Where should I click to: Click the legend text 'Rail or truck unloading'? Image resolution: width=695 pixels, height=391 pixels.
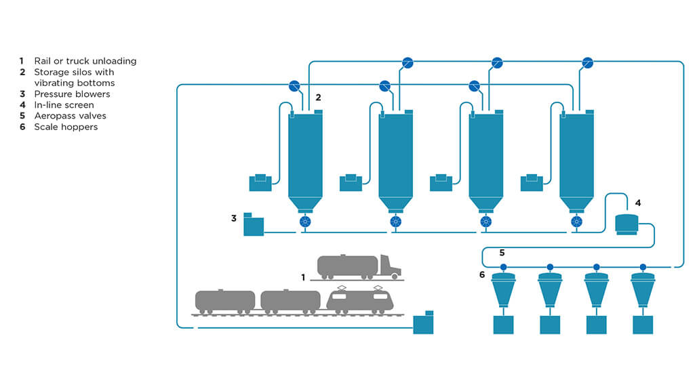(x=85, y=61)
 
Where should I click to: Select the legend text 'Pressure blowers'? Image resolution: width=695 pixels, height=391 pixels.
(x=72, y=94)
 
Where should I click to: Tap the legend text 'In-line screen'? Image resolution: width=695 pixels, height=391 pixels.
(x=64, y=105)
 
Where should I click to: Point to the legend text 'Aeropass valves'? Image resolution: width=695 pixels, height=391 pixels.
(x=70, y=116)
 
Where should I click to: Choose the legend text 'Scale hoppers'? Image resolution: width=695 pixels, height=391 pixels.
(x=66, y=127)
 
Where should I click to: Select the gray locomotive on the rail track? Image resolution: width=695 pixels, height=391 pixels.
(x=360, y=300)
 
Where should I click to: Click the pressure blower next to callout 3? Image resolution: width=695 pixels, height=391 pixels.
(x=253, y=226)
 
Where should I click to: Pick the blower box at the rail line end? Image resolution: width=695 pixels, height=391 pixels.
(x=423, y=323)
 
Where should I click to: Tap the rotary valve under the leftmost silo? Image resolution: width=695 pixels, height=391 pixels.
(x=305, y=222)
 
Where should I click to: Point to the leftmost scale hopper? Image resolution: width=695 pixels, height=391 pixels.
(x=503, y=291)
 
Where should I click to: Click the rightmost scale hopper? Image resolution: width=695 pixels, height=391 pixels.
(x=643, y=291)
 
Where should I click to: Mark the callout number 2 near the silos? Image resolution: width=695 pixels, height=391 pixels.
(x=318, y=98)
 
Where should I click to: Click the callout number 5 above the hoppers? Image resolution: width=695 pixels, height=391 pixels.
(x=502, y=253)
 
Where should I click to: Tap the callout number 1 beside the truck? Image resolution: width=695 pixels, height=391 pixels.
(x=304, y=277)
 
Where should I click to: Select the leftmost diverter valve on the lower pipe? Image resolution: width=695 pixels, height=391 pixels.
(x=294, y=86)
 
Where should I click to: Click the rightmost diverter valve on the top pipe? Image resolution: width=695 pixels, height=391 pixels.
(x=587, y=63)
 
